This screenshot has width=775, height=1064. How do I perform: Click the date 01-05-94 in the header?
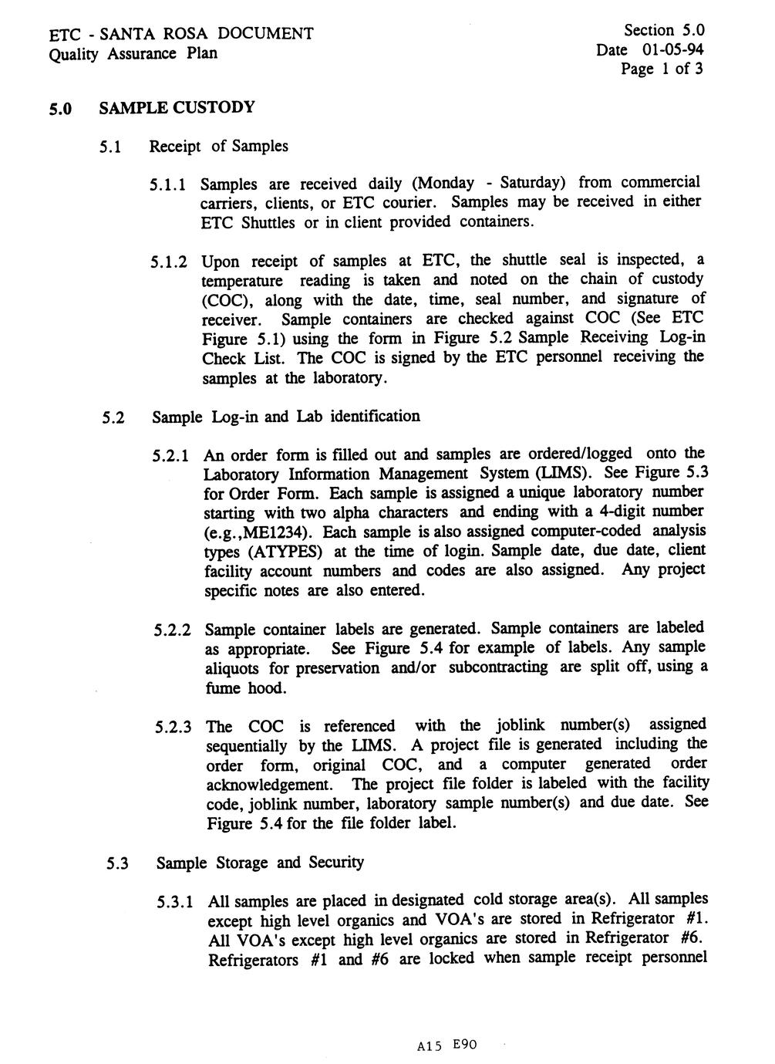coord(672,50)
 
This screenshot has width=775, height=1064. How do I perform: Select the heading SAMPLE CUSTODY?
coord(177,107)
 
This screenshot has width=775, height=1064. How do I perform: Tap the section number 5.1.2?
coord(170,262)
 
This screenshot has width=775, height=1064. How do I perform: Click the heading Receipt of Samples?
coord(219,146)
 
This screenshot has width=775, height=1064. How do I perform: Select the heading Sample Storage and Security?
coord(259,863)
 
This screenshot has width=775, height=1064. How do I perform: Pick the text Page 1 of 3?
coord(662,69)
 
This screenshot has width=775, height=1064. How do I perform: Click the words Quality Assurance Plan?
coord(133,53)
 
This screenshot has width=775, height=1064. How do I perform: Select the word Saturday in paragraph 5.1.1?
coord(533,183)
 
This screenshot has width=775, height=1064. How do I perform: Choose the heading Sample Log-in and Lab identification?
coord(286,417)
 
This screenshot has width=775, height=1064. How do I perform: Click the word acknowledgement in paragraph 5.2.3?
coord(271,785)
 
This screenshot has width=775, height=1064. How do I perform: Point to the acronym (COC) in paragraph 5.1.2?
coord(223,300)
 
